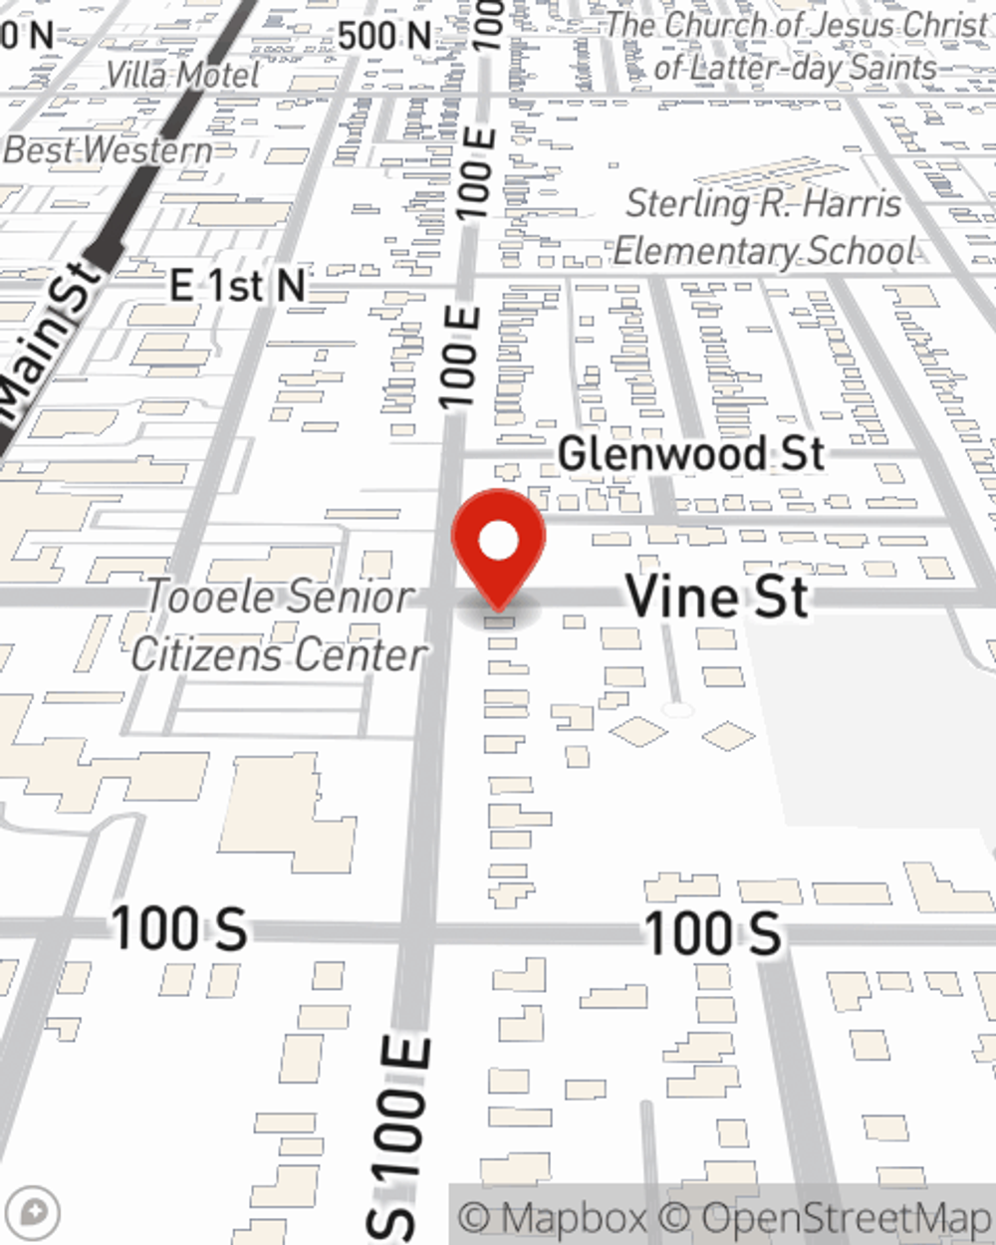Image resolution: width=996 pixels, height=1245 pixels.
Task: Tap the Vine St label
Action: (x=717, y=597)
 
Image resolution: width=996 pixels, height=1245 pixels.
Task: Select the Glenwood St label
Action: (x=691, y=454)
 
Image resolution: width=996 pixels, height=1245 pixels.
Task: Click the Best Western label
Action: (x=108, y=150)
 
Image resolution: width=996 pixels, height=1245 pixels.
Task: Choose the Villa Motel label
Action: (x=182, y=74)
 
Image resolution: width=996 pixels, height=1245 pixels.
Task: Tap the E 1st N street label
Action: (x=237, y=286)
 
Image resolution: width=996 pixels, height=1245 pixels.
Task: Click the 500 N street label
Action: (x=383, y=37)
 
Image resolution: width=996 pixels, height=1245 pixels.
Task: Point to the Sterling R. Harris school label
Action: (x=764, y=227)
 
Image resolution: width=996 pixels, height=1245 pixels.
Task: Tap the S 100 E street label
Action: (x=403, y=1135)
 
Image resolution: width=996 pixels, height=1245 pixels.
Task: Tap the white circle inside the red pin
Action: (x=498, y=542)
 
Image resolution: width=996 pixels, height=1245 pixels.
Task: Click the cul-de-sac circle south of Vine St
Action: (x=677, y=710)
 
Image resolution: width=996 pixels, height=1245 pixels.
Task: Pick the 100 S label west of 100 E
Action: (x=179, y=929)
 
